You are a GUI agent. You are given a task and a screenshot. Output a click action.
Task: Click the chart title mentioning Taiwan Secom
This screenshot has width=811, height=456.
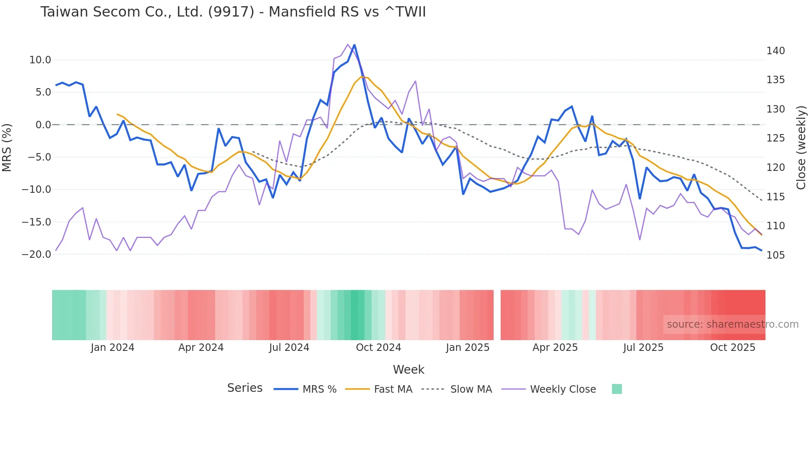[233, 12]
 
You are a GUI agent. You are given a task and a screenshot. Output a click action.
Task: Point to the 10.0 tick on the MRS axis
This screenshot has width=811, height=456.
[40, 60]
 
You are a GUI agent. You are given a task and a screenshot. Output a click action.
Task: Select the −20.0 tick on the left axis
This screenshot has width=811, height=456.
[37, 254]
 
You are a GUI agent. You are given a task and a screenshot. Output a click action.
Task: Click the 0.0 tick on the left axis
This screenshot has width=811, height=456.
[43, 125]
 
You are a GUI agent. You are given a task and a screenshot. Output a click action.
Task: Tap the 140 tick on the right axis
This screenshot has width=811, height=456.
[775, 51]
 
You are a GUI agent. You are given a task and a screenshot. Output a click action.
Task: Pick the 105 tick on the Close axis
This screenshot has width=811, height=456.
[775, 255]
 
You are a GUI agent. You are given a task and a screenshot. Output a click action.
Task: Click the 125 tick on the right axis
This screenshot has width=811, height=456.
[775, 138]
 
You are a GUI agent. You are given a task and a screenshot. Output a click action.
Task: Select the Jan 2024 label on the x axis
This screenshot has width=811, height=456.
[113, 348]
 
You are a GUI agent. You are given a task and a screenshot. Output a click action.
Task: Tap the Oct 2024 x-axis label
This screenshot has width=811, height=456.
[378, 348]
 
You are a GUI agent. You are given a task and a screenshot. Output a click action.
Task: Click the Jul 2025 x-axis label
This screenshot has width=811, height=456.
[643, 348]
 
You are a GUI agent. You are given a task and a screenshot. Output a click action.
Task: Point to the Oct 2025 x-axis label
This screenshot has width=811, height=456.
[732, 348]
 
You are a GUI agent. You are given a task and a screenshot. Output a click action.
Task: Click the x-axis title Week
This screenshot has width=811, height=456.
[408, 370]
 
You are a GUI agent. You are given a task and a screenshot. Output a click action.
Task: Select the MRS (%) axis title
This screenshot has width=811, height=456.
[7, 148]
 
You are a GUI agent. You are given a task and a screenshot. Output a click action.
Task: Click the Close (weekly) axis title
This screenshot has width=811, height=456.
[801, 148]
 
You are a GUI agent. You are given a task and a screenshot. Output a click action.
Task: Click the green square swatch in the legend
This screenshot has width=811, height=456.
[617, 389]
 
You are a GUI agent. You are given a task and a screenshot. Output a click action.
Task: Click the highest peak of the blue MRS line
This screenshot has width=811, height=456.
[354, 45]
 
